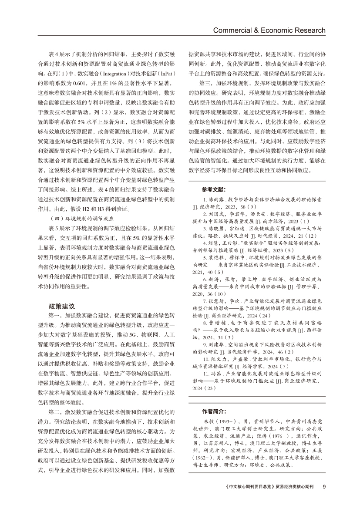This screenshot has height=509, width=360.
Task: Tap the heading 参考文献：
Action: (214, 189)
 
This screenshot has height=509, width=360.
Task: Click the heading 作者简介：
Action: (214, 411)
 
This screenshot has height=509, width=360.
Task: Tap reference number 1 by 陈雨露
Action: (205, 199)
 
